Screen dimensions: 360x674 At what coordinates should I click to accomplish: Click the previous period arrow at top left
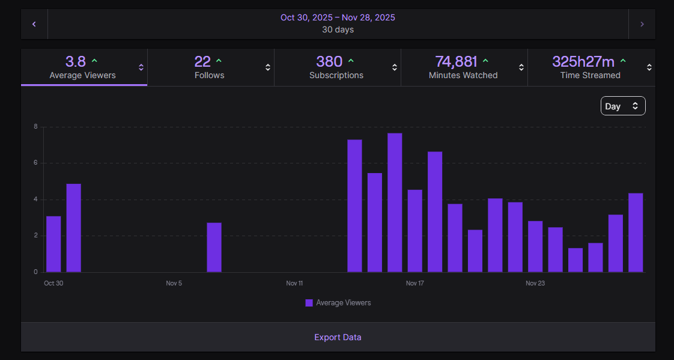pyautogui.click(x=34, y=24)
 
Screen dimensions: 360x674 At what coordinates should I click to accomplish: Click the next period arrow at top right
pyautogui.click(x=642, y=24)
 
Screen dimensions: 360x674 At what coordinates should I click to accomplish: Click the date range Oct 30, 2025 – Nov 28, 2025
pyautogui.click(x=338, y=17)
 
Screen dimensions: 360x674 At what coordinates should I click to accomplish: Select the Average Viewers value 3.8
pyautogui.click(x=76, y=61)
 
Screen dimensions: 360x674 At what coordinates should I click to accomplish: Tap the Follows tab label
pyautogui.click(x=209, y=75)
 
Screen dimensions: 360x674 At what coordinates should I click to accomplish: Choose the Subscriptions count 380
pyautogui.click(x=329, y=61)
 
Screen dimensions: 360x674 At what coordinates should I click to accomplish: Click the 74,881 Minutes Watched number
pyautogui.click(x=456, y=61)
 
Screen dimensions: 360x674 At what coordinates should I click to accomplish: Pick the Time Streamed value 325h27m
pyautogui.click(x=583, y=61)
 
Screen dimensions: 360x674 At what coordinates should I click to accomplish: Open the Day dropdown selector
pyautogui.click(x=622, y=106)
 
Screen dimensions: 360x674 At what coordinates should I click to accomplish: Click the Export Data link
pyautogui.click(x=338, y=337)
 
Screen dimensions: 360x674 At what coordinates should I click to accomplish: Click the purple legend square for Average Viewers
pyautogui.click(x=309, y=303)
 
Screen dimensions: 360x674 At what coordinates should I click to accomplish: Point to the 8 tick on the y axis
pyautogui.click(x=36, y=127)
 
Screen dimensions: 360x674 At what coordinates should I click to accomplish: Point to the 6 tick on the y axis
pyautogui.click(x=36, y=163)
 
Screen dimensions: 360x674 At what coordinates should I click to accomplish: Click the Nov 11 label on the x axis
pyautogui.click(x=294, y=283)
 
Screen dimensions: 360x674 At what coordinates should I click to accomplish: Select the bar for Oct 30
pyautogui.click(x=53, y=244)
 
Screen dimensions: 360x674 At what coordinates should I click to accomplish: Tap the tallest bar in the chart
pyautogui.click(x=395, y=203)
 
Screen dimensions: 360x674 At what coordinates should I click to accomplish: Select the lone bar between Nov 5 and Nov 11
pyautogui.click(x=214, y=248)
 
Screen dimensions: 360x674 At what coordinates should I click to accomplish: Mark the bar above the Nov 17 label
pyautogui.click(x=414, y=231)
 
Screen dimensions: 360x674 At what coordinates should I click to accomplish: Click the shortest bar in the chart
pyautogui.click(x=575, y=260)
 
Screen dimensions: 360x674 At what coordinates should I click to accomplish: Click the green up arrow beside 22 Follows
pyautogui.click(x=219, y=61)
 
